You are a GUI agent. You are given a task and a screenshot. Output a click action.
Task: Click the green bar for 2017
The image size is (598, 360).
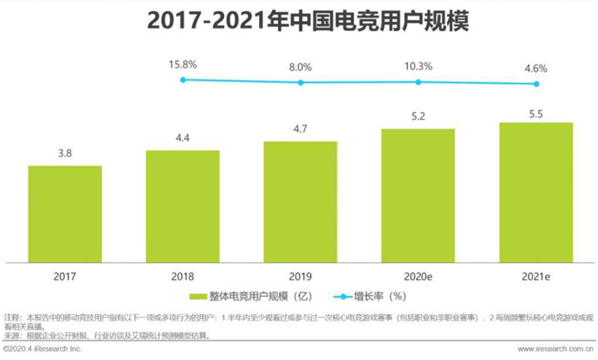click(65, 214)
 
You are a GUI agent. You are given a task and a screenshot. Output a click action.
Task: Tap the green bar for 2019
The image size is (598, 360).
click(300, 201)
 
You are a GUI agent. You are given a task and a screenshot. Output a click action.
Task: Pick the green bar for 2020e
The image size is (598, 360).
click(418, 195)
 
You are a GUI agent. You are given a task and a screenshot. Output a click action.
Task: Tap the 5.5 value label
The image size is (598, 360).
click(536, 111)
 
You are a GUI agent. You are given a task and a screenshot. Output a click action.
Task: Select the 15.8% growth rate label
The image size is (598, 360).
click(183, 65)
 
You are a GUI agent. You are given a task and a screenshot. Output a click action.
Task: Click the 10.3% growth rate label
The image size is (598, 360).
click(418, 67)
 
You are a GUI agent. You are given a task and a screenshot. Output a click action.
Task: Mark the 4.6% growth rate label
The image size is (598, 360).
click(536, 68)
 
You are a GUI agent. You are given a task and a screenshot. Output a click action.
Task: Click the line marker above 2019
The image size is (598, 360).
click(300, 83)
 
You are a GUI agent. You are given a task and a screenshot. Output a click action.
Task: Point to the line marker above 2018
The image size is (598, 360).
click(183, 79)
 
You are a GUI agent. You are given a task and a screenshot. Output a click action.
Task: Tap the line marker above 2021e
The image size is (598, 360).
click(536, 84)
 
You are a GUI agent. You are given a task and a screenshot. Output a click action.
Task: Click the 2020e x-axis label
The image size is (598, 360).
click(418, 277)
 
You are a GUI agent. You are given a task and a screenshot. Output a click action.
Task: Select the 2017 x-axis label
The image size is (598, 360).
click(65, 277)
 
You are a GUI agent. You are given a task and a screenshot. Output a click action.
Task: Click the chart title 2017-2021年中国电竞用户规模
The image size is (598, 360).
click(299, 22)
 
